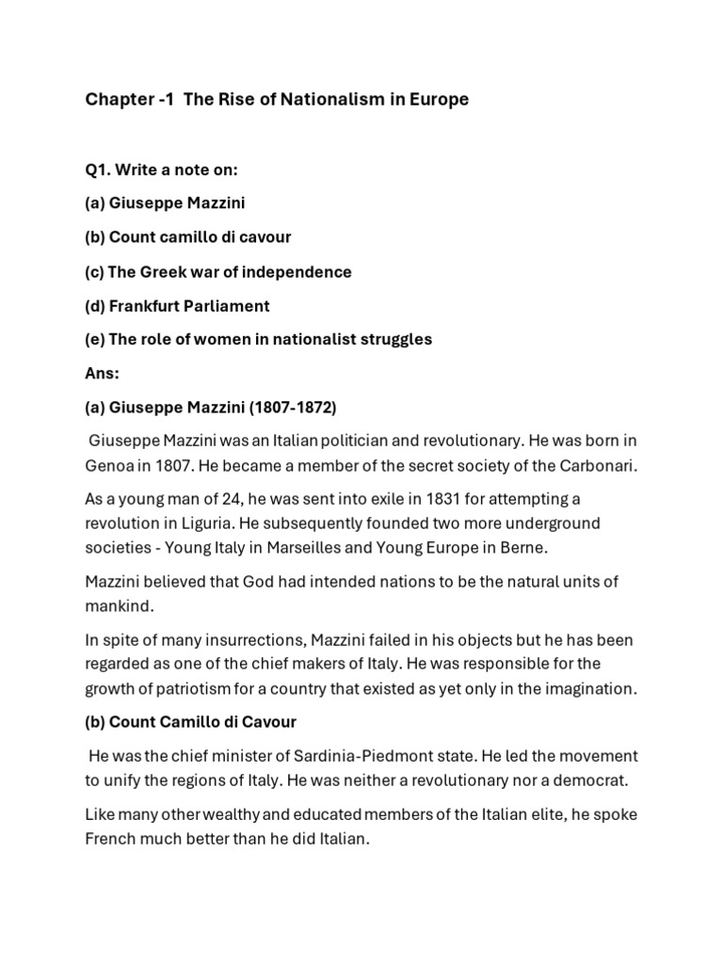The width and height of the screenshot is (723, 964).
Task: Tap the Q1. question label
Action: tap(100, 169)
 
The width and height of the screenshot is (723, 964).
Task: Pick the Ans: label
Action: tap(103, 373)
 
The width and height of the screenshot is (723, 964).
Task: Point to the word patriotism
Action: tap(179, 688)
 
